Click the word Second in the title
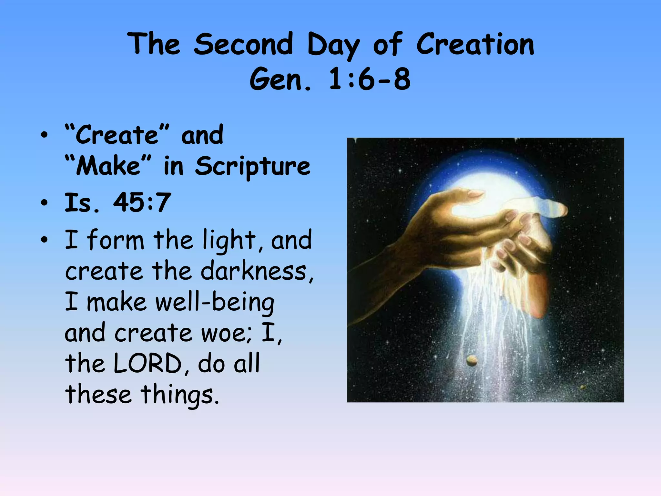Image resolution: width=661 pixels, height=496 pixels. pyautogui.click(x=243, y=44)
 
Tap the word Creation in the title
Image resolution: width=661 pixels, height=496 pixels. pyautogui.click(x=475, y=44)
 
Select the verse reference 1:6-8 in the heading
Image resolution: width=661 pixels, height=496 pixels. pyautogui.click(x=370, y=79)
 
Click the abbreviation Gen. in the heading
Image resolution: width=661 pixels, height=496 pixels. pyautogui.click(x=280, y=79)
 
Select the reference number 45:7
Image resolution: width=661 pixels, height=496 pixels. pyautogui.click(x=141, y=203)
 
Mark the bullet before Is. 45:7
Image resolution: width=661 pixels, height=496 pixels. pyautogui.click(x=44, y=203)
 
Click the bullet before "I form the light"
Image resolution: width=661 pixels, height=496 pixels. pyautogui.click(x=44, y=240)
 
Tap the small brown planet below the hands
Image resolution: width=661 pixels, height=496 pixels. pyautogui.click(x=472, y=360)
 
